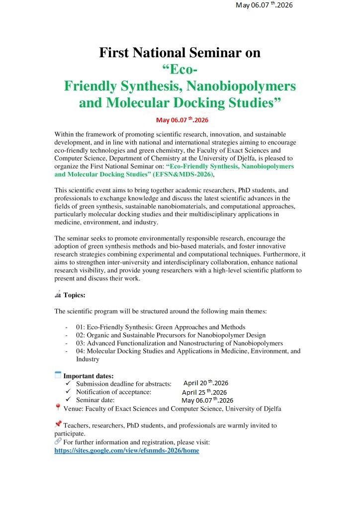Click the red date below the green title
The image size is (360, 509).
pos(182,120)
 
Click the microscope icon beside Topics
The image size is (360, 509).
pos(58,294)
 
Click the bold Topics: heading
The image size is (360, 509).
pos(75,295)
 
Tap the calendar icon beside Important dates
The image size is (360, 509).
pos(58,375)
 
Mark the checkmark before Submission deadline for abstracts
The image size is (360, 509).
pos(69,384)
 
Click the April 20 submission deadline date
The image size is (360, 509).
pos(205,383)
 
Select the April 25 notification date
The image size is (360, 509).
pos(204,392)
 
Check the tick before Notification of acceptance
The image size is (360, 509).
pos(69,392)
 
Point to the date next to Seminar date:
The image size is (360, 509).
pos(207,400)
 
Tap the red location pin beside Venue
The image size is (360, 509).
pos(58,408)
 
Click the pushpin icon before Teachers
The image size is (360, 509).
pos(58,424)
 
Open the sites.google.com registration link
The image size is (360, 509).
pos(127,450)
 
